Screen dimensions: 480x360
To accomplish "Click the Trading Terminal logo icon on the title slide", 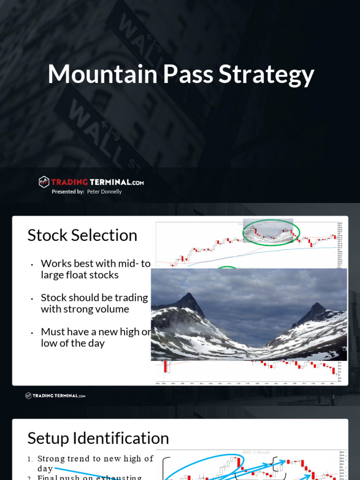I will [x=44, y=182].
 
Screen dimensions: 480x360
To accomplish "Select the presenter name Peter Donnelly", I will [x=104, y=192].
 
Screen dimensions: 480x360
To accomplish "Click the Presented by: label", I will [x=68, y=192].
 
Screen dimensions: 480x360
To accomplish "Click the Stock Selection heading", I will [x=82, y=235].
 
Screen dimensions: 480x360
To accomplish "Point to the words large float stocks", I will [x=80, y=275].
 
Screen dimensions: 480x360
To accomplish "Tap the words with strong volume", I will [x=85, y=309].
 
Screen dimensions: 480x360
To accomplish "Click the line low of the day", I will [x=73, y=343].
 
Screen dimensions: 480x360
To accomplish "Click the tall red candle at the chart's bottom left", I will [x=165, y=366].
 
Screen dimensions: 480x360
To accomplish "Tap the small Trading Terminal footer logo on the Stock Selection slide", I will [x=55, y=396].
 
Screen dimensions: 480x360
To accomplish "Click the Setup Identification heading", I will [x=98, y=438].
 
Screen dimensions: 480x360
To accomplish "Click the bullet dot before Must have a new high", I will [x=31, y=332].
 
